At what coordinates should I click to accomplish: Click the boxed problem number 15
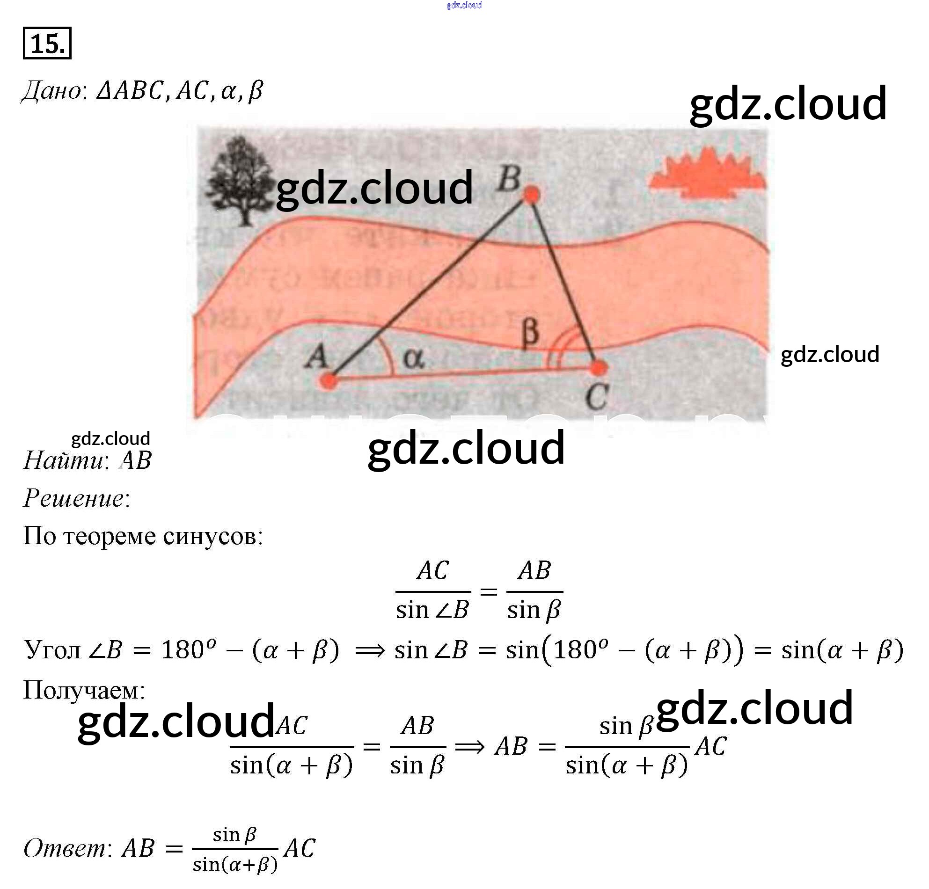tap(47, 44)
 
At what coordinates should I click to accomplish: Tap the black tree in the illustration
tap(240, 180)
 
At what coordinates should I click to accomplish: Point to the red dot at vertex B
tap(532, 194)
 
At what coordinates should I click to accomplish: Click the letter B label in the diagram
tap(509, 179)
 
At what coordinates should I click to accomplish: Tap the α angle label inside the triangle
tap(413, 358)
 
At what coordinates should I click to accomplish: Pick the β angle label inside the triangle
tap(530, 332)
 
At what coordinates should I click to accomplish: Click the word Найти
tap(64, 460)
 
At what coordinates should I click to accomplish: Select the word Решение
tap(74, 498)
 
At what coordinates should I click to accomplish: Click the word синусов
tap(212, 536)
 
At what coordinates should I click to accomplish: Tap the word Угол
tap(52, 650)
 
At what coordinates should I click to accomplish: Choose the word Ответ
tap(65, 848)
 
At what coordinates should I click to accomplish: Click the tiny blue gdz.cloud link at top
tap(464, 5)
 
